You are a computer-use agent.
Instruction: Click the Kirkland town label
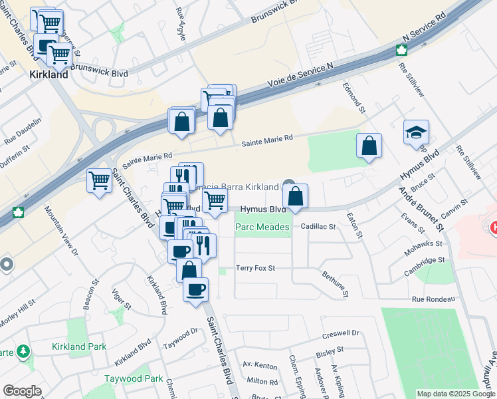click(49, 75)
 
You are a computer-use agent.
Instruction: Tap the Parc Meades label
click(263, 227)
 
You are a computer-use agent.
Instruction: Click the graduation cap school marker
click(416, 132)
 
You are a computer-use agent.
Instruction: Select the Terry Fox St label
click(255, 269)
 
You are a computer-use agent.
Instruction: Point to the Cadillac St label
click(319, 227)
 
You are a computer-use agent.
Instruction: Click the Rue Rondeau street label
click(433, 299)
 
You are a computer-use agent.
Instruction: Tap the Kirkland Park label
click(78, 347)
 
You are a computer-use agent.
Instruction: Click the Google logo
click(22, 391)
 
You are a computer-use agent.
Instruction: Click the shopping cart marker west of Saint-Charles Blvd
click(99, 180)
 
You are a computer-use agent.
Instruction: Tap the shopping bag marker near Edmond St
click(369, 146)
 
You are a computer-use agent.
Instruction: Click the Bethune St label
click(335, 283)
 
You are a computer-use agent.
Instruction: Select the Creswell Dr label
click(340, 333)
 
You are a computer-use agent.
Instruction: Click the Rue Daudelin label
click(23, 132)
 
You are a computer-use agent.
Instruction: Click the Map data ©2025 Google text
click(455, 394)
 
